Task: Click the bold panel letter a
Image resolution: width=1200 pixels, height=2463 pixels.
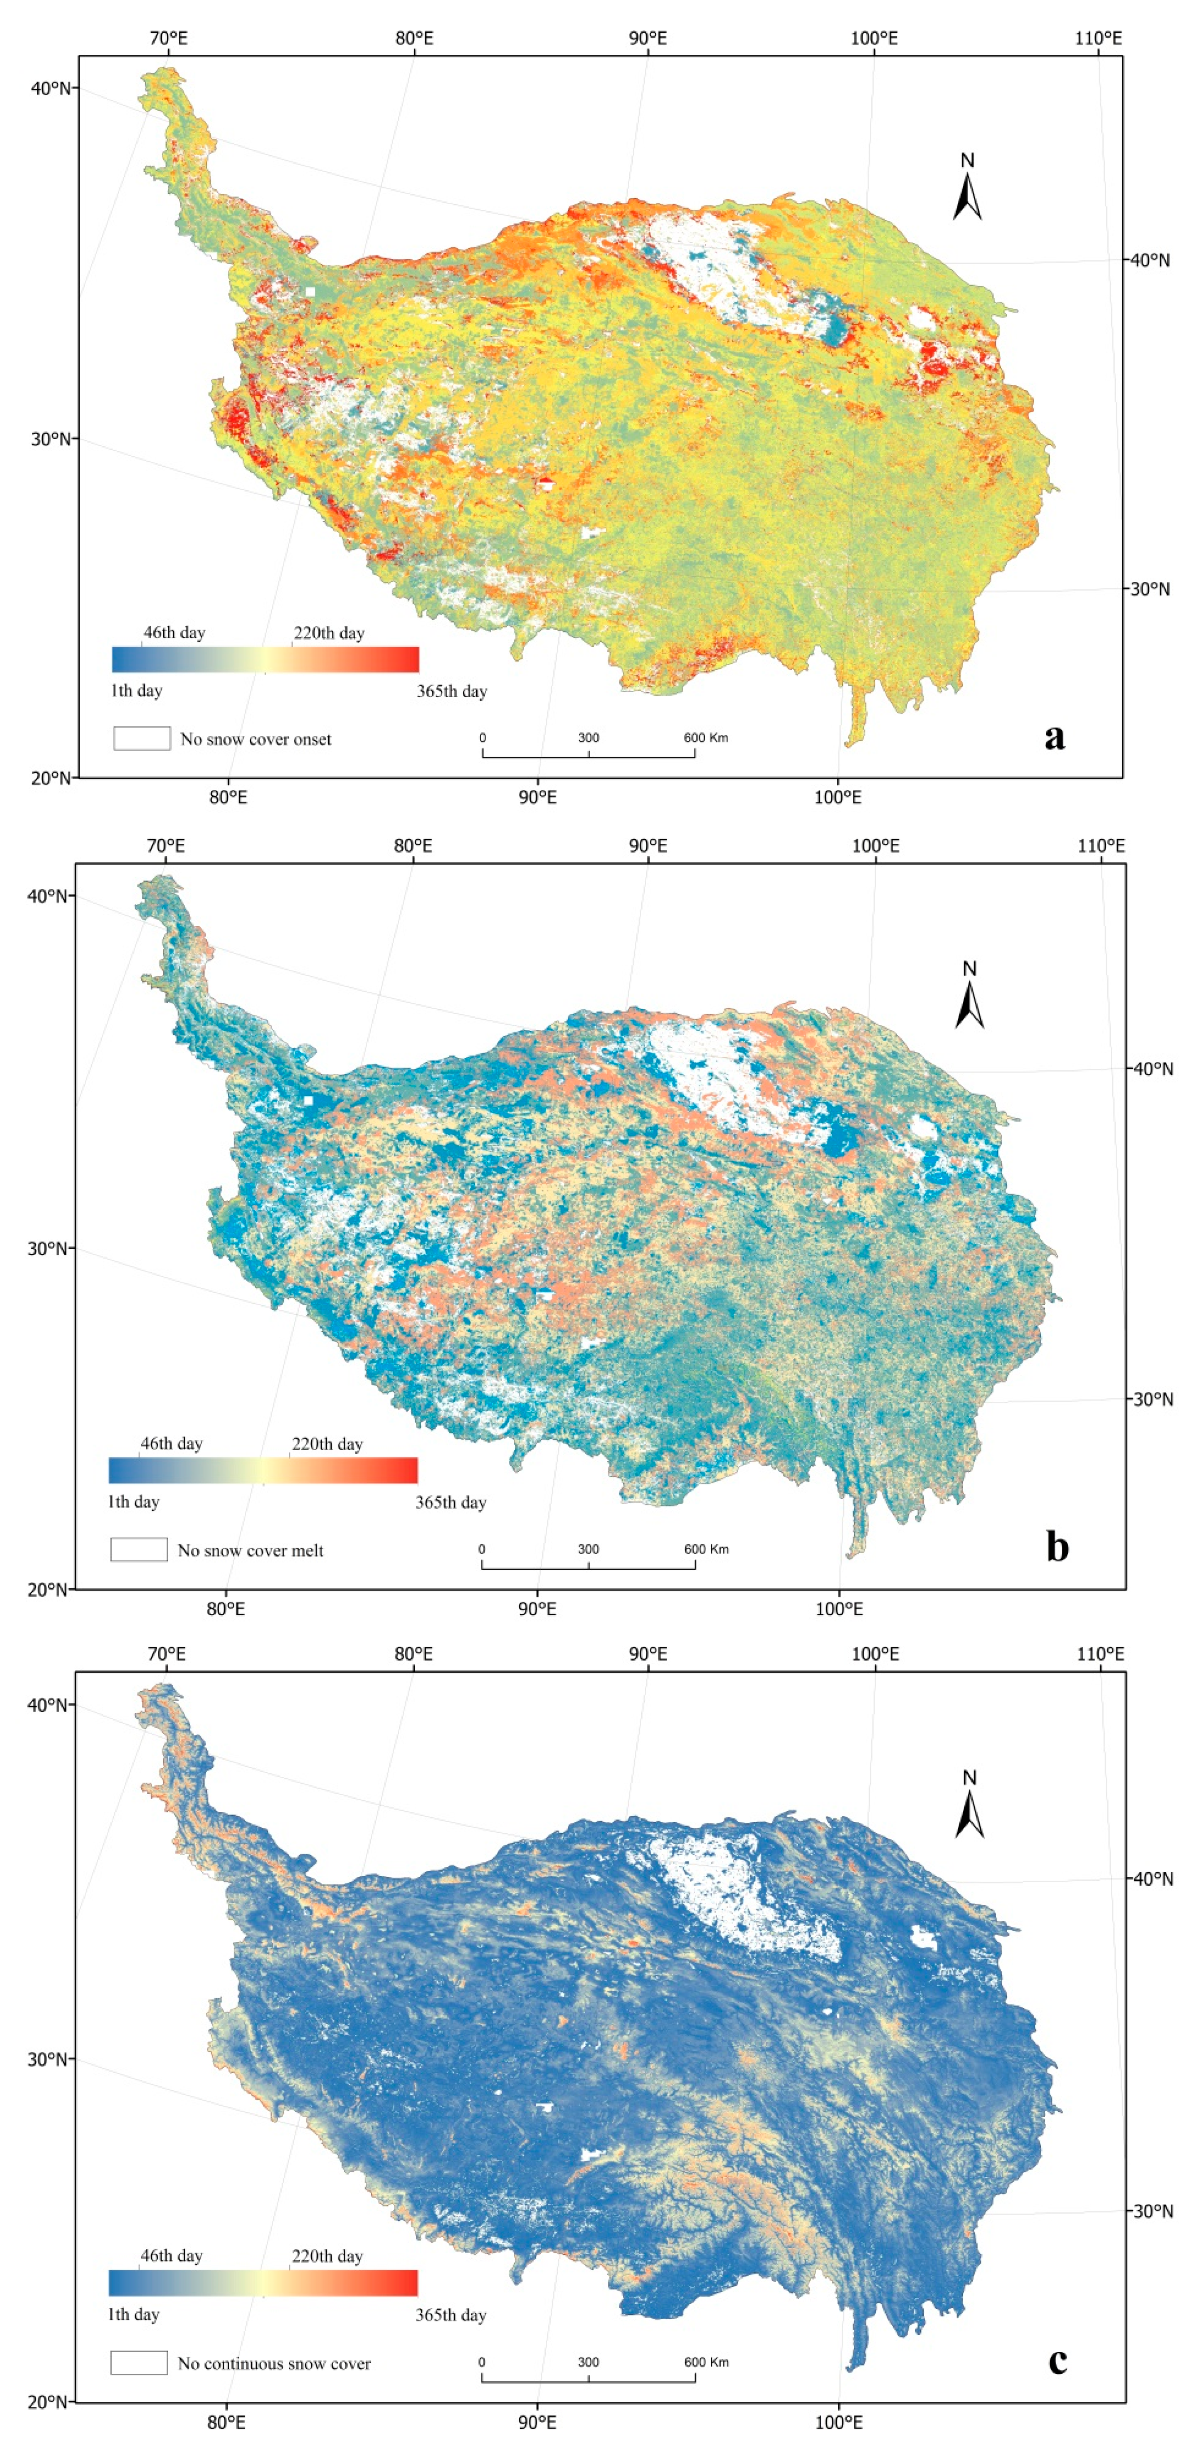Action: [1055, 736]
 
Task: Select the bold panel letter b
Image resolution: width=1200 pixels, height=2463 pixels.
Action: [1057, 1546]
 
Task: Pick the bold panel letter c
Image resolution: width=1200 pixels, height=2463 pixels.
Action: [1057, 2359]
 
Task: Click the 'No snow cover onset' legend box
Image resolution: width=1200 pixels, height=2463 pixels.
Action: [142, 738]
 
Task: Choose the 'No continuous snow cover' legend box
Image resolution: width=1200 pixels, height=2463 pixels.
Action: [139, 2362]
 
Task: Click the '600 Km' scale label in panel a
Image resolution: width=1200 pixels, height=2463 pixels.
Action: [706, 737]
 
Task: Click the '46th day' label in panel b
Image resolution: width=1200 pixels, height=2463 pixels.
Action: [171, 1443]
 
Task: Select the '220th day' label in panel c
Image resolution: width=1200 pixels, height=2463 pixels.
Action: [327, 2255]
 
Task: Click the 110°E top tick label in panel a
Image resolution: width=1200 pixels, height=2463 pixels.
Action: [1098, 38]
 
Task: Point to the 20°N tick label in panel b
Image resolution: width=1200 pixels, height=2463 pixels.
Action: [48, 1589]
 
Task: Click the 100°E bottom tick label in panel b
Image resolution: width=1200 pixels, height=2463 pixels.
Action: [839, 1608]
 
